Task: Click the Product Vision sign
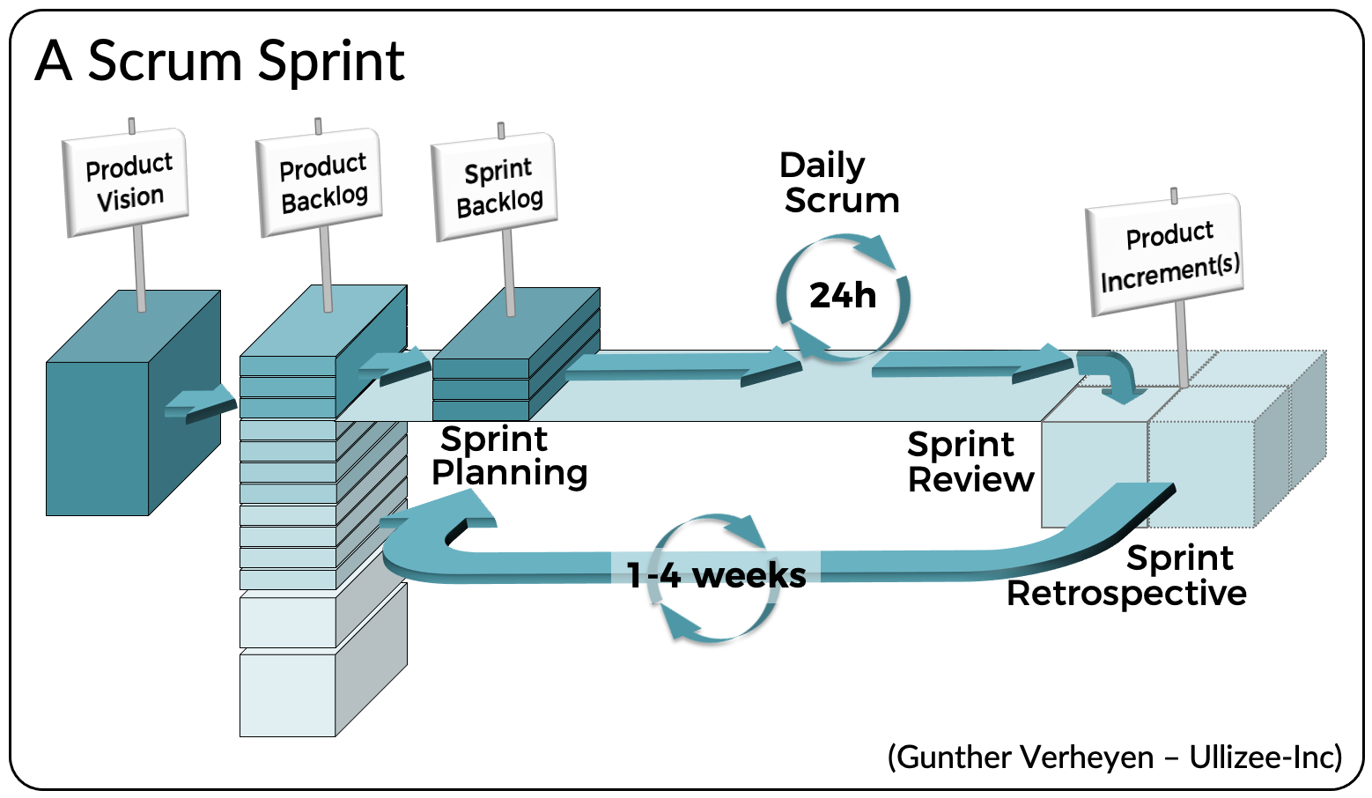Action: click(x=127, y=181)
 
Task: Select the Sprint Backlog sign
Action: click(x=497, y=187)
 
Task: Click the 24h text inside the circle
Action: click(x=842, y=296)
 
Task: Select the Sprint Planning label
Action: click(x=508, y=456)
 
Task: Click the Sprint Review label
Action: click(x=969, y=462)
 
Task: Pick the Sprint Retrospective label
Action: click(x=1136, y=577)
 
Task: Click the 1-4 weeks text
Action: click(x=715, y=575)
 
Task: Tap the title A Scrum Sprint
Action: click(x=220, y=62)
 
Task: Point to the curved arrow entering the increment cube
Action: click(x=1111, y=374)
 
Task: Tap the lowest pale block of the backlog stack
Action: click(x=288, y=694)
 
